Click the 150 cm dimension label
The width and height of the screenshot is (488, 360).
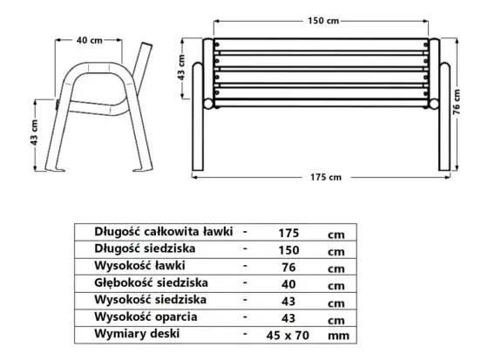coord(323,21)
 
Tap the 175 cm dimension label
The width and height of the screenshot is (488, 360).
coord(326,177)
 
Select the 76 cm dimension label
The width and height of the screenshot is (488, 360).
coord(457,102)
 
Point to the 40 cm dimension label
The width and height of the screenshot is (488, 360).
coord(90,40)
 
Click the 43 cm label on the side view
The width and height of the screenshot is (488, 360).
coord(34,132)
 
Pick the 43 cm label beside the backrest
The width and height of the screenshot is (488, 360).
coord(181,68)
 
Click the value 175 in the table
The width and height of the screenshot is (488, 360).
coord(288,233)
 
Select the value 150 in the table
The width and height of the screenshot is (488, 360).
coord(288,250)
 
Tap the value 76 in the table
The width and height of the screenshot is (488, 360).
coord(288,268)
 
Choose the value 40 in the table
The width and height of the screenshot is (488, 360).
coord(288,284)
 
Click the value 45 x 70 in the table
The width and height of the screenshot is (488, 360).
coord(288,336)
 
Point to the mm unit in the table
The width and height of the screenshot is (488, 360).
coord(339,336)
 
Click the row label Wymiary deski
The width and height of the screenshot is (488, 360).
coord(137,334)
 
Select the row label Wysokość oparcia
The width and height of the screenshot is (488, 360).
coord(146,316)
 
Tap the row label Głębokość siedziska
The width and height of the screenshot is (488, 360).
coord(151,282)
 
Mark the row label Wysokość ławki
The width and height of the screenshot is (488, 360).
coord(139,266)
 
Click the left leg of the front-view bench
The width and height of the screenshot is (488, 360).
coord(198,117)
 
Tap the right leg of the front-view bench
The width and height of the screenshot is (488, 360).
coord(444,117)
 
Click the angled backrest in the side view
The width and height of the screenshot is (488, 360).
coord(142,64)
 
